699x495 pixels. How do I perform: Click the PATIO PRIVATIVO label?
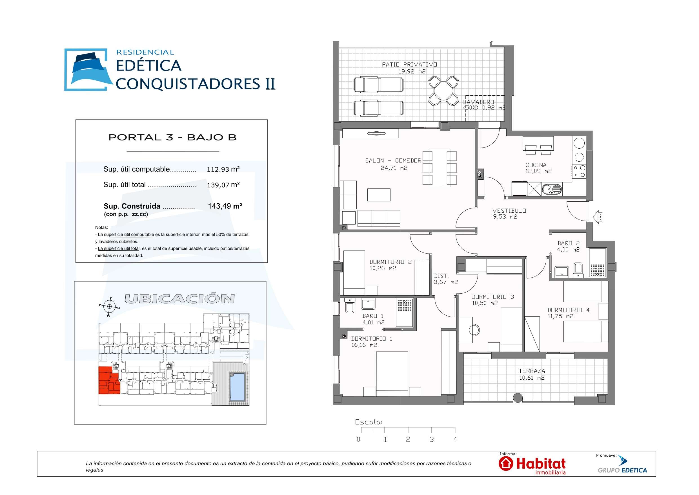pyautogui.click(x=409, y=64)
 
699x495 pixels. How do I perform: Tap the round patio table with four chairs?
pyautogui.click(x=443, y=91)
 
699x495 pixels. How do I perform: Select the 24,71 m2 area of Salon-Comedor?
pyautogui.click(x=394, y=168)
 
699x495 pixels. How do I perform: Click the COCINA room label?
pyautogui.click(x=536, y=165)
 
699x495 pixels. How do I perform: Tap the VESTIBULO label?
pyautogui.click(x=509, y=211)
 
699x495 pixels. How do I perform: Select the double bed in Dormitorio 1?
pyautogui.click(x=392, y=374)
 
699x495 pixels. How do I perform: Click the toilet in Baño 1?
pyautogui.click(x=350, y=306)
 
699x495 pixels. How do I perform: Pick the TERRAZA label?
pyautogui.click(x=532, y=371)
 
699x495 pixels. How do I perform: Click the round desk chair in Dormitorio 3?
pyautogui.click(x=474, y=330)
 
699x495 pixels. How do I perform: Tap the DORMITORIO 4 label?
pyautogui.click(x=568, y=310)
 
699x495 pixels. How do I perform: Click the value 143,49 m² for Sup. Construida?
pyautogui.click(x=225, y=206)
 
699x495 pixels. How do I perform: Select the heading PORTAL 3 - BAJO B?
pyautogui.click(x=172, y=137)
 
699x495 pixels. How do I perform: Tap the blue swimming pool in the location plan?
pyautogui.click(x=237, y=387)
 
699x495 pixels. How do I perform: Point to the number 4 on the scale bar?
pyautogui.click(x=455, y=439)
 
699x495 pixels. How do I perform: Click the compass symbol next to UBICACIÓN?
pyautogui.click(x=109, y=306)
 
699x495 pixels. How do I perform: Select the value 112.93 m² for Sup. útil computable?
pyautogui.click(x=223, y=170)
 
